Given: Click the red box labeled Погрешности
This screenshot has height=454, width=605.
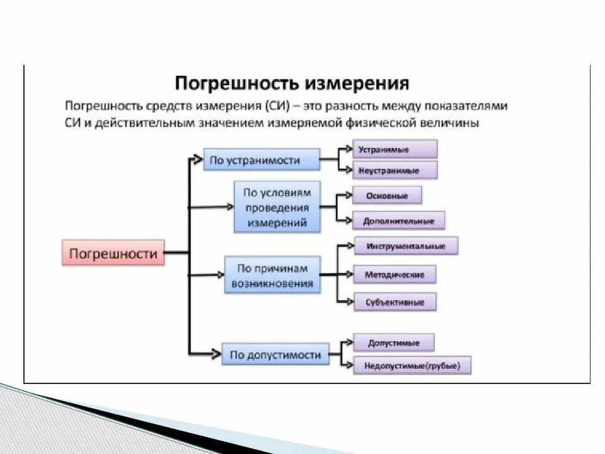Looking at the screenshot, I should click(113, 253).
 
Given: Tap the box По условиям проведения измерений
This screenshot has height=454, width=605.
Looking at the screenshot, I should click(277, 207).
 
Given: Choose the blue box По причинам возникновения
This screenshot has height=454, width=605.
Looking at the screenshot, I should click(272, 276).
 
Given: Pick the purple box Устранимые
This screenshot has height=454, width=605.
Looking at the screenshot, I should click(395, 149).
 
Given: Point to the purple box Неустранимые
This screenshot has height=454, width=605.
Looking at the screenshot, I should click(395, 170).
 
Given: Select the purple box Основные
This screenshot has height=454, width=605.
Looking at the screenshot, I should click(387, 196).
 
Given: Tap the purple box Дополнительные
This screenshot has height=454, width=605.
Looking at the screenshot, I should click(398, 221).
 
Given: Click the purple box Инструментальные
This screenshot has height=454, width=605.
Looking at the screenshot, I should click(406, 247).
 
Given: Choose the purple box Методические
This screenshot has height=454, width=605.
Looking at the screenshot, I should click(395, 275).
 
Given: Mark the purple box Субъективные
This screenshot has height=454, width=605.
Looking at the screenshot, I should click(395, 302).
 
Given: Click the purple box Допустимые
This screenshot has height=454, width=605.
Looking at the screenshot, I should click(394, 343).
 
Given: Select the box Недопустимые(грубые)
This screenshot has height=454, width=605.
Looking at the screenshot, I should click(412, 366).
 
